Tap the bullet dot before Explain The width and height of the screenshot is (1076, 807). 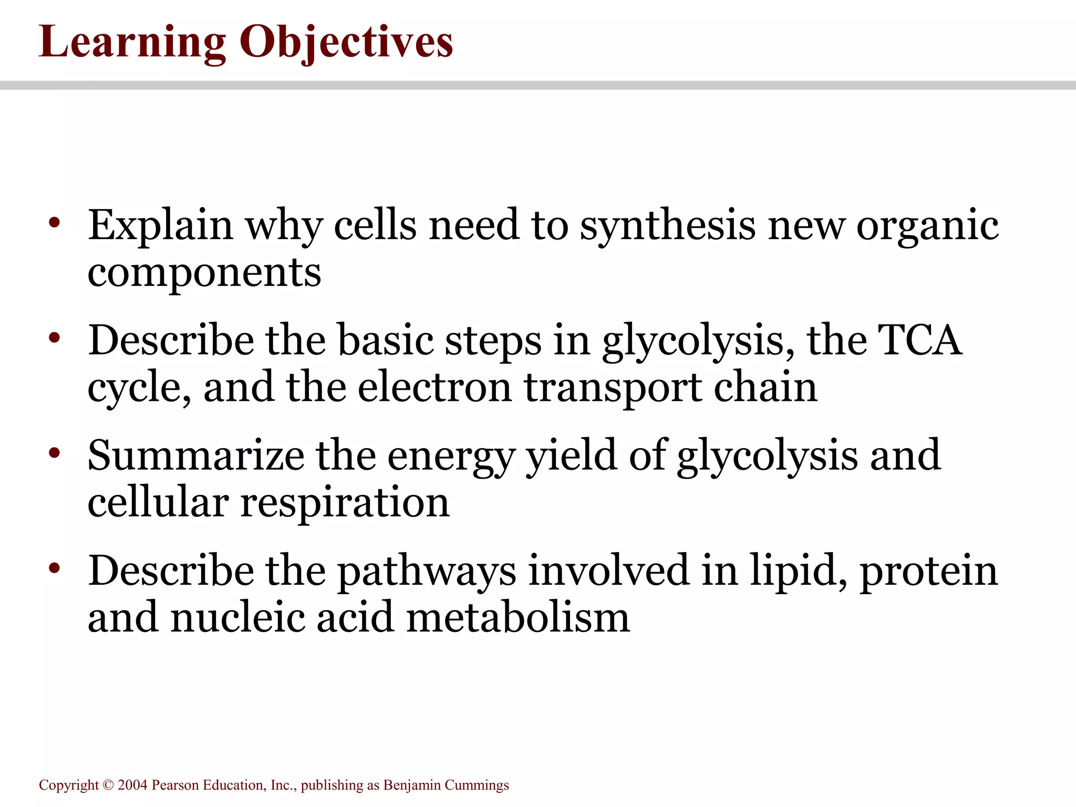point(55,223)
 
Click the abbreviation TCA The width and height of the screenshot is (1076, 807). point(920,340)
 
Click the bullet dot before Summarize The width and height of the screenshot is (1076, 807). point(55,453)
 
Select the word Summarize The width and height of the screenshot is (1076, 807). point(196,456)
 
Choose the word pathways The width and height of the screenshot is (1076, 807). point(426,572)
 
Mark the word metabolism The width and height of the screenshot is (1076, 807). point(518,618)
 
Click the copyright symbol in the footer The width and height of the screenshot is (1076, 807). point(108,785)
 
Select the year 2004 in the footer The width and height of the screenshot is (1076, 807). point(132,785)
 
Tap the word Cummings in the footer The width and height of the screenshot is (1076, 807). point(477,785)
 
